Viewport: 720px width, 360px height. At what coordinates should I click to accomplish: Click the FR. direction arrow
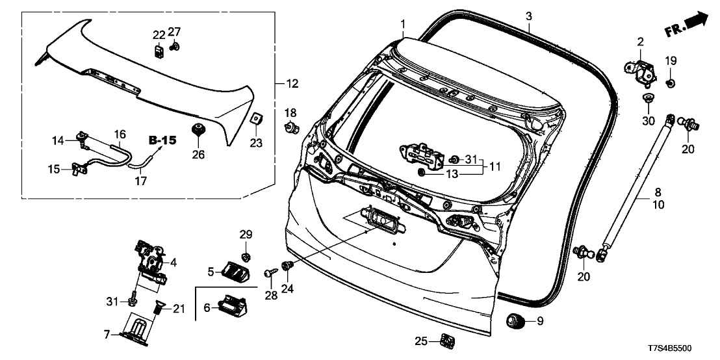(687, 26)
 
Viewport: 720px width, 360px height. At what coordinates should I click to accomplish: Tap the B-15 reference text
(162, 140)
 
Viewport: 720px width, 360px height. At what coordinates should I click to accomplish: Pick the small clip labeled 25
(446, 339)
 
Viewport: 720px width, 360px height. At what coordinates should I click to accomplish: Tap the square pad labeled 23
(257, 118)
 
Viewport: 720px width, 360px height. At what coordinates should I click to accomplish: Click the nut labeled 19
(671, 83)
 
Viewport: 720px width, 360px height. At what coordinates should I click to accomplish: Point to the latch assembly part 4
(151, 261)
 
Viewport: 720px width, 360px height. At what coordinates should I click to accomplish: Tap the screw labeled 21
(157, 309)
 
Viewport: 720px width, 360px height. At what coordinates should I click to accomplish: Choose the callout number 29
(246, 234)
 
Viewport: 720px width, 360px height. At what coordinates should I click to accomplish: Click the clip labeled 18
(291, 127)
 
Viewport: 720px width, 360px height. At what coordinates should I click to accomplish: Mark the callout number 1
(403, 25)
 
